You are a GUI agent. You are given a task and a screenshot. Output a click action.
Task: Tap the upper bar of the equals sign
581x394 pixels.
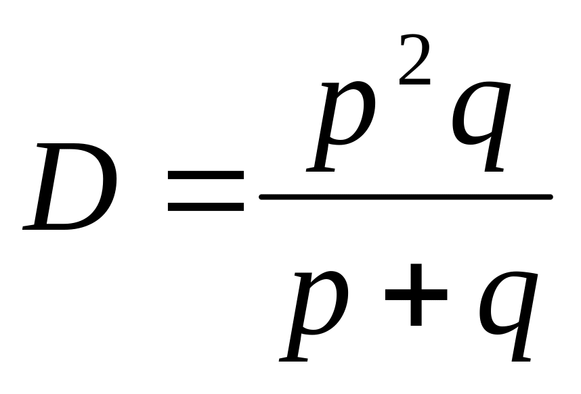pyautogui.click(x=205, y=176)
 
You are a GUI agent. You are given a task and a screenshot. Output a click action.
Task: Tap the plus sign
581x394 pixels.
pyautogui.click(x=414, y=296)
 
